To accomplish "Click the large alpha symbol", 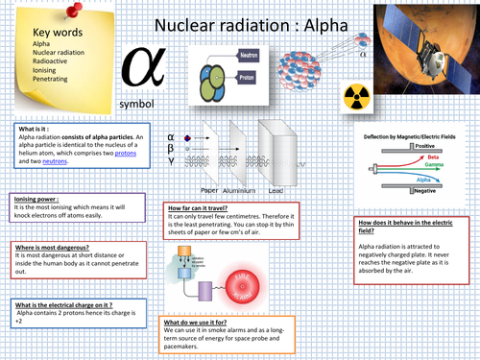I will (135, 68).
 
